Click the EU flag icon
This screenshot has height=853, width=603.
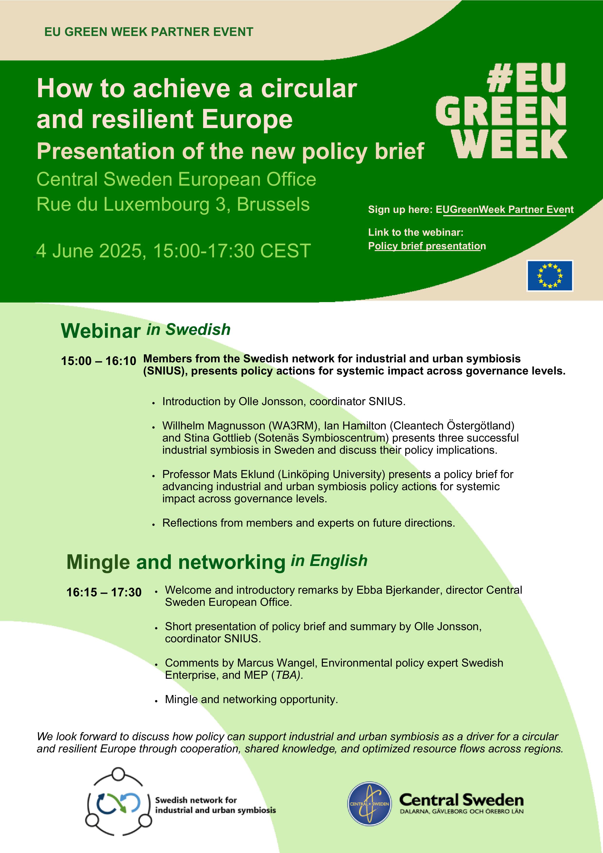(x=550, y=275)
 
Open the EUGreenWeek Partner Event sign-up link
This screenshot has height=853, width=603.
(x=505, y=209)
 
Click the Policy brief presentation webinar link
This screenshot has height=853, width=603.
(x=427, y=246)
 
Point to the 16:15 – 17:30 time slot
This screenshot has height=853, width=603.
(x=104, y=592)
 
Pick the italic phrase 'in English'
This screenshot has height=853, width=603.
(x=329, y=561)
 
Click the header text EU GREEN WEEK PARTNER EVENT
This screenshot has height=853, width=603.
(x=149, y=32)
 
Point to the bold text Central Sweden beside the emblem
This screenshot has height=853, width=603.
(x=461, y=800)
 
